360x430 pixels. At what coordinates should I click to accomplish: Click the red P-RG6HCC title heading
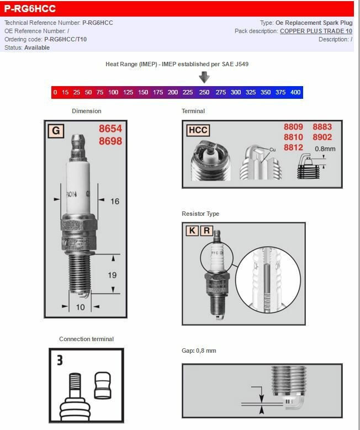[x=30, y=9]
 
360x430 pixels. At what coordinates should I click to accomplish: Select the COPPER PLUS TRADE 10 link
[x=316, y=31]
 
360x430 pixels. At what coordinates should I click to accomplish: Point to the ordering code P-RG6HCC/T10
[x=65, y=39]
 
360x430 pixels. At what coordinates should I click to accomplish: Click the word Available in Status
[x=37, y=47]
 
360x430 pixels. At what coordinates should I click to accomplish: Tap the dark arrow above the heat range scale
[x=204, y=77]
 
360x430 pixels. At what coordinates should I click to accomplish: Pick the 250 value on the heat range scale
[x=204, y=92]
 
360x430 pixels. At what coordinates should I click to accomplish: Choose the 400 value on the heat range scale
[x=295, y=92]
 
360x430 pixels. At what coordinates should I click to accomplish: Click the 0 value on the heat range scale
[x=55, y=92]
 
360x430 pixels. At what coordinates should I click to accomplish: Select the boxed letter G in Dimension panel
[x=55, y=131]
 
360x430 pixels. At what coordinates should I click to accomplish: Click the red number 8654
[x=110, y=129]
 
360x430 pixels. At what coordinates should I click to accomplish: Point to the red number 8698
[x=110, y=141]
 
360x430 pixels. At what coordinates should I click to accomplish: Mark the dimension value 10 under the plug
[x=81, y=307]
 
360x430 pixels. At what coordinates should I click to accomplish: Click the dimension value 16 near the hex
[x=114, y=201]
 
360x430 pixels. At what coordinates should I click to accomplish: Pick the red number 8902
[x=322, y=137]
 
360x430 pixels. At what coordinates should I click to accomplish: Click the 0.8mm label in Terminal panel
[x=325, y=148]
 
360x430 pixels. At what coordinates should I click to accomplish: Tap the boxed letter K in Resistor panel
[x=192, y=231]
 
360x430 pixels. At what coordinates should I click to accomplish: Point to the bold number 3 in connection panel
[x=59, y=360]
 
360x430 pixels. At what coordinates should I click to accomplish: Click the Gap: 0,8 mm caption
[x=199, y=351]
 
